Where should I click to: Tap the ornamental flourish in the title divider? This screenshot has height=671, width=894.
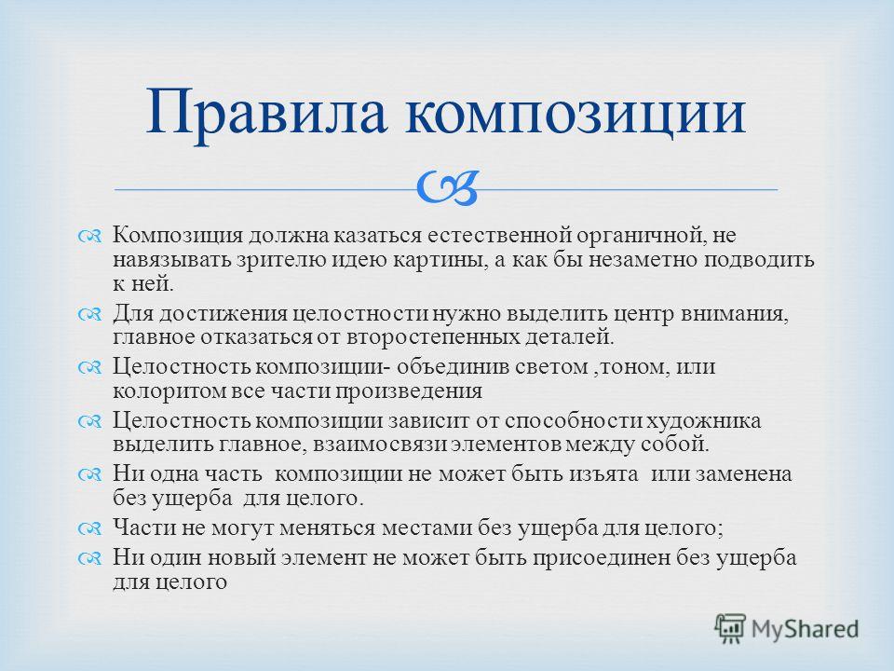click(x=447, y=189)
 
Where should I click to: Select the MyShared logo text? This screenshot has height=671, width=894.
click(x=805, y=629)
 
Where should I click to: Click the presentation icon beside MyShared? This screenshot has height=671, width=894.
click(x=730, y=628)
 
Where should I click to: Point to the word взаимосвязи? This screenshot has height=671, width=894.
click(x=379, y=445)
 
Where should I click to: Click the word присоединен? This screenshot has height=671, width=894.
click(x=603, y=558)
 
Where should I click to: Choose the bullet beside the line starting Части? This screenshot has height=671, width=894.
click(x=89, y=529)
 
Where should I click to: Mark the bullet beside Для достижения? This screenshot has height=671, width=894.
click(x=89, y=314)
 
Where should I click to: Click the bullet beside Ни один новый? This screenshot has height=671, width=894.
click(x=89, y=558)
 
